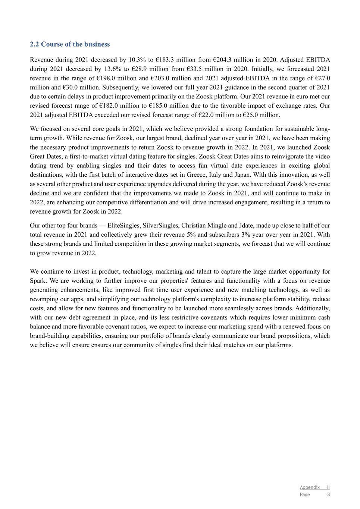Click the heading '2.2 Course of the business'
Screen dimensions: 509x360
click(70, 44)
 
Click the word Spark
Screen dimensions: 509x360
click(37, 281)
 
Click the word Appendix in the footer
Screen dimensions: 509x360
click(310, 487)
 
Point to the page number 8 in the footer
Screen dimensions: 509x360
click(328, 494)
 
